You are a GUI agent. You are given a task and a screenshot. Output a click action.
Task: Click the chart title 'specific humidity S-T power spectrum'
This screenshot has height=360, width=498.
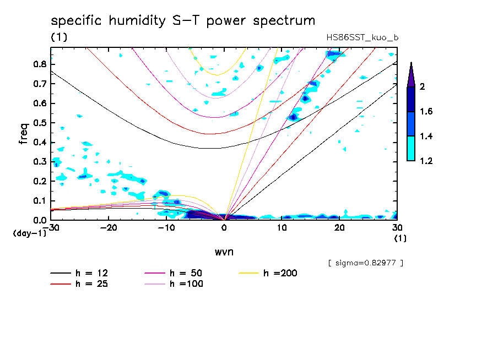(x=183, y=21)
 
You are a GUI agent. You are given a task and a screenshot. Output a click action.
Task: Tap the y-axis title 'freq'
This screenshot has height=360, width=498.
(x=24, y=134)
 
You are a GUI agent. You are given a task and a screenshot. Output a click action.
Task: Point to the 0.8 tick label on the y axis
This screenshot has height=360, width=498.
(x=39, y=64)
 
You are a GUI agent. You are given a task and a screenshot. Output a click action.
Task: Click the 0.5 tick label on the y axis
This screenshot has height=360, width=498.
(x=39, y=123)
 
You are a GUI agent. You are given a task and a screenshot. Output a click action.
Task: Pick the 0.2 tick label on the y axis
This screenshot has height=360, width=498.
(x=39, y=181)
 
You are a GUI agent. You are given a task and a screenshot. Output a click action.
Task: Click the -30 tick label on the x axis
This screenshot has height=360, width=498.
(x=51, y=228)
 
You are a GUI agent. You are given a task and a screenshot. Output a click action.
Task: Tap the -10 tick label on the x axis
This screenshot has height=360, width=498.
(x=166, y=228)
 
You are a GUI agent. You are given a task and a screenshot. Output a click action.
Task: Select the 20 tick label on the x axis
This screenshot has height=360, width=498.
(x=339, y=228)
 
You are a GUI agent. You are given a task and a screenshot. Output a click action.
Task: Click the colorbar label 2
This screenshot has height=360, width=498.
(x=424, y=86)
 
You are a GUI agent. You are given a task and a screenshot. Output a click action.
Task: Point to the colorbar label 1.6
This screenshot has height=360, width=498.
(x=426, y=111)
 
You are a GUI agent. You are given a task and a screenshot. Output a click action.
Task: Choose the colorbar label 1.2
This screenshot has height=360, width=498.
(x=426, y=161)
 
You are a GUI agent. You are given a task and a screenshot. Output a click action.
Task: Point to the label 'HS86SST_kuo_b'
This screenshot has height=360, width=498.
(x=362, y=37)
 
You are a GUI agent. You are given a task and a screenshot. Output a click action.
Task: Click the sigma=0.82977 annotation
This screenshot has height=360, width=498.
(x=366, y=263)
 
